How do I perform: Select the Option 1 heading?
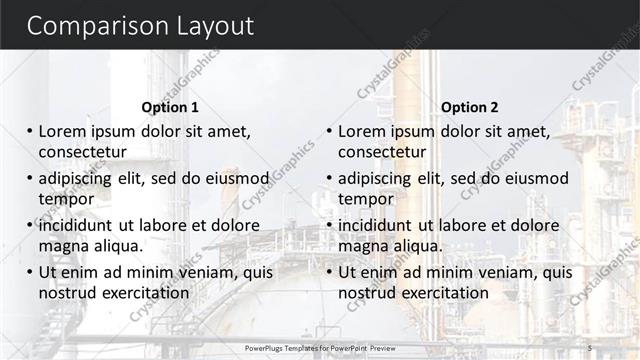[x=170, y=107]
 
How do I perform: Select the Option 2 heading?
[x=469, y=107]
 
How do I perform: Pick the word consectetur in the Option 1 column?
[x=82, y=152]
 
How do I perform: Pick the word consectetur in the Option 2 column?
[x=382, y=152]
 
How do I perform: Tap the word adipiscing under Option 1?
[x=80, y=179]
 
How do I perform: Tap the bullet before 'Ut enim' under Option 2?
[x=329, y=272]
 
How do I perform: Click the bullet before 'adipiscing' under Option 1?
[x=29, y=178]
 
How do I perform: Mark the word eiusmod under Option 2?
[x=532, y=179]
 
